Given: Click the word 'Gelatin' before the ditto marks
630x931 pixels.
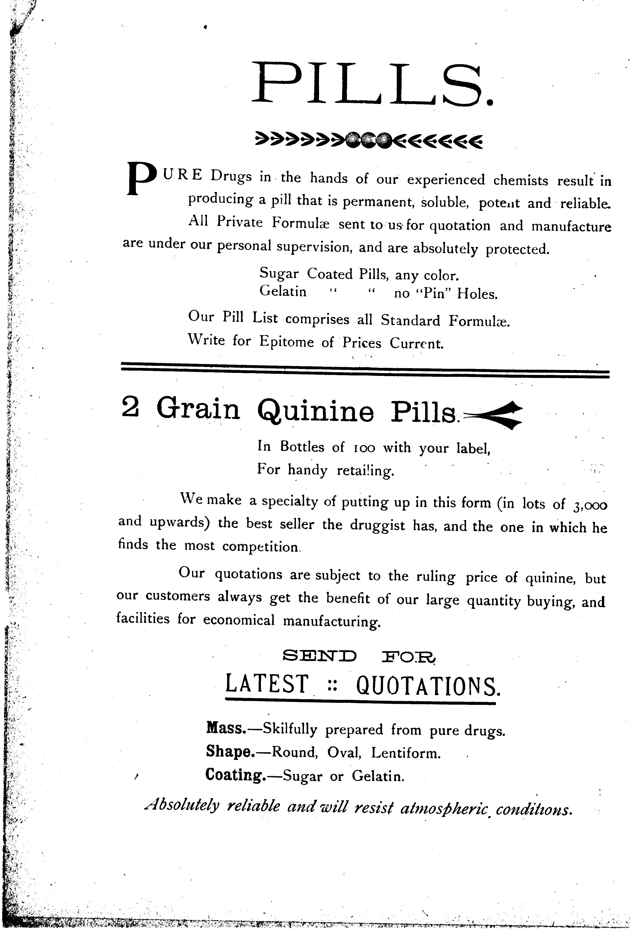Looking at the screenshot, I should [x=283, y=290].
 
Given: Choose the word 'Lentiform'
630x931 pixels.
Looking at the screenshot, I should [x=406, y=753].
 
